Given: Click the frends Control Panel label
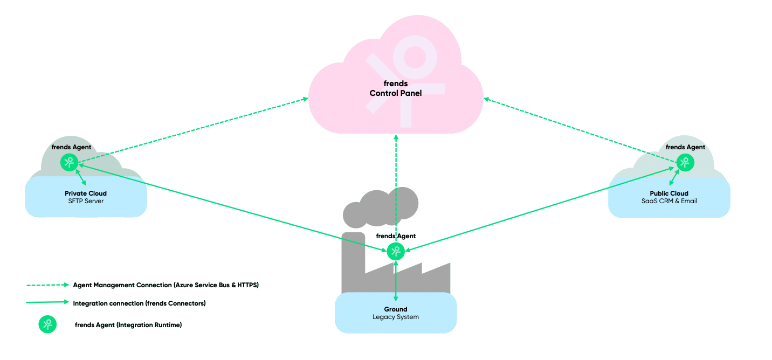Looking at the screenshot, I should pyautogui.click(x=395, y=88).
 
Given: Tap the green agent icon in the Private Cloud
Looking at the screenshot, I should pyautogui.click(x=68, y=162).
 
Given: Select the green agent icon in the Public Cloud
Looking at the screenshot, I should pyautogui.click(x=685, y=162).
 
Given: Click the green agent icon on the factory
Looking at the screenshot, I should pyautogui.click(x=396, y=251).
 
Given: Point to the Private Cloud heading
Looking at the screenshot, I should pyautogui.click(x=86, y=193).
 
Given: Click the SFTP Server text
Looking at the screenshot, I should pyautogui.click(x=86, y=201).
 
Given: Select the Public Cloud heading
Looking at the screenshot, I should pyautogui.click(x=669, y=193).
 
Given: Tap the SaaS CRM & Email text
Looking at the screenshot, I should pyautogui.click(x=669, y=201).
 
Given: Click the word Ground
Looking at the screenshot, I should pyautogui.click(x=396, y=309).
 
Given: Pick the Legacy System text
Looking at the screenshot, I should pyautogui.click(x=396, y=317).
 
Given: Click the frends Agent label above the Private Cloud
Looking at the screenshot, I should pyautogui.click(x=71, y=147).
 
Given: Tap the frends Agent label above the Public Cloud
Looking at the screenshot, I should pyautogui.click(x=685, y=147).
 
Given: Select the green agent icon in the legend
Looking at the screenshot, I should pyautogui.click(x=47, y=324).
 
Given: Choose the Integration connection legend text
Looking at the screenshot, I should pyautogui.click(x=140, y=303).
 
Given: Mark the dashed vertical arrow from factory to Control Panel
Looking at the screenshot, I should pyautogui.click(x=396, y=189).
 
